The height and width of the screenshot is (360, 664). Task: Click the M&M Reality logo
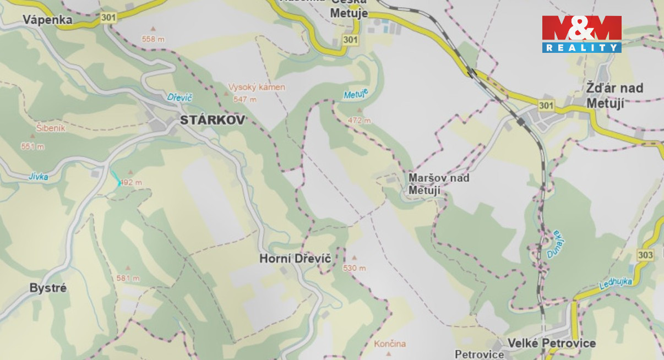581,34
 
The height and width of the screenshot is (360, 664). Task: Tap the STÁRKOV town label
213,120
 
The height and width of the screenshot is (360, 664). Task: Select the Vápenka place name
47,20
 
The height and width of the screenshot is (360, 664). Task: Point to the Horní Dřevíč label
295,258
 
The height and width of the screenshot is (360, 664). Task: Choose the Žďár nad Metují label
614,95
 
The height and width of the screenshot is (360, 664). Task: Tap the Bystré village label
48,288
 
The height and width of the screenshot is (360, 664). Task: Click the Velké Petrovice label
551,343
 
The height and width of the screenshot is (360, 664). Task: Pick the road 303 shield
645,255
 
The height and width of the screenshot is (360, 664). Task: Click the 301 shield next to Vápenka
108,18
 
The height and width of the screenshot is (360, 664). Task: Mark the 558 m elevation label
153,39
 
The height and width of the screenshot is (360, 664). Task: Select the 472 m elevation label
360,121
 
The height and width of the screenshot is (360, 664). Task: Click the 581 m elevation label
128,279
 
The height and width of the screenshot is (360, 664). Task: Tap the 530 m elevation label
354,268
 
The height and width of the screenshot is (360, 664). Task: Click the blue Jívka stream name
38,177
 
